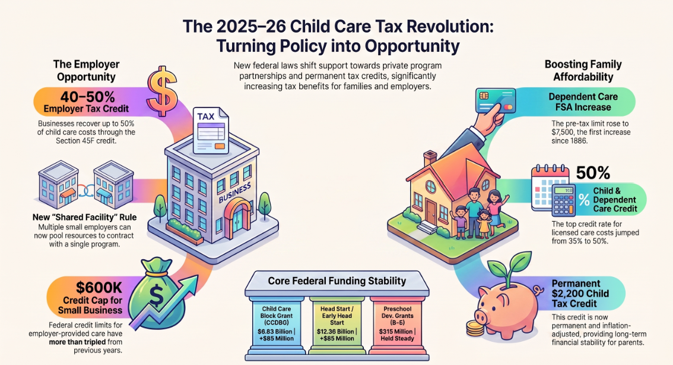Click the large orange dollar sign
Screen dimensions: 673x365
point(162,91)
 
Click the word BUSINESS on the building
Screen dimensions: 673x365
point(235,193)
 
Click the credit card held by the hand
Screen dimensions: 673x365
point(496,100)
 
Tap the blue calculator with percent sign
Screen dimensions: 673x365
point(564,200)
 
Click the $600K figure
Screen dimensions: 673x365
point(99,287)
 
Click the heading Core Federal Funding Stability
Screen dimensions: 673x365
point(337,281)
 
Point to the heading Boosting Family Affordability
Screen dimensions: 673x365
point(583,71)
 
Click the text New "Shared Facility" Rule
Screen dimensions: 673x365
point(84,217)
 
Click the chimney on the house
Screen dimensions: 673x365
point(430,159)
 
